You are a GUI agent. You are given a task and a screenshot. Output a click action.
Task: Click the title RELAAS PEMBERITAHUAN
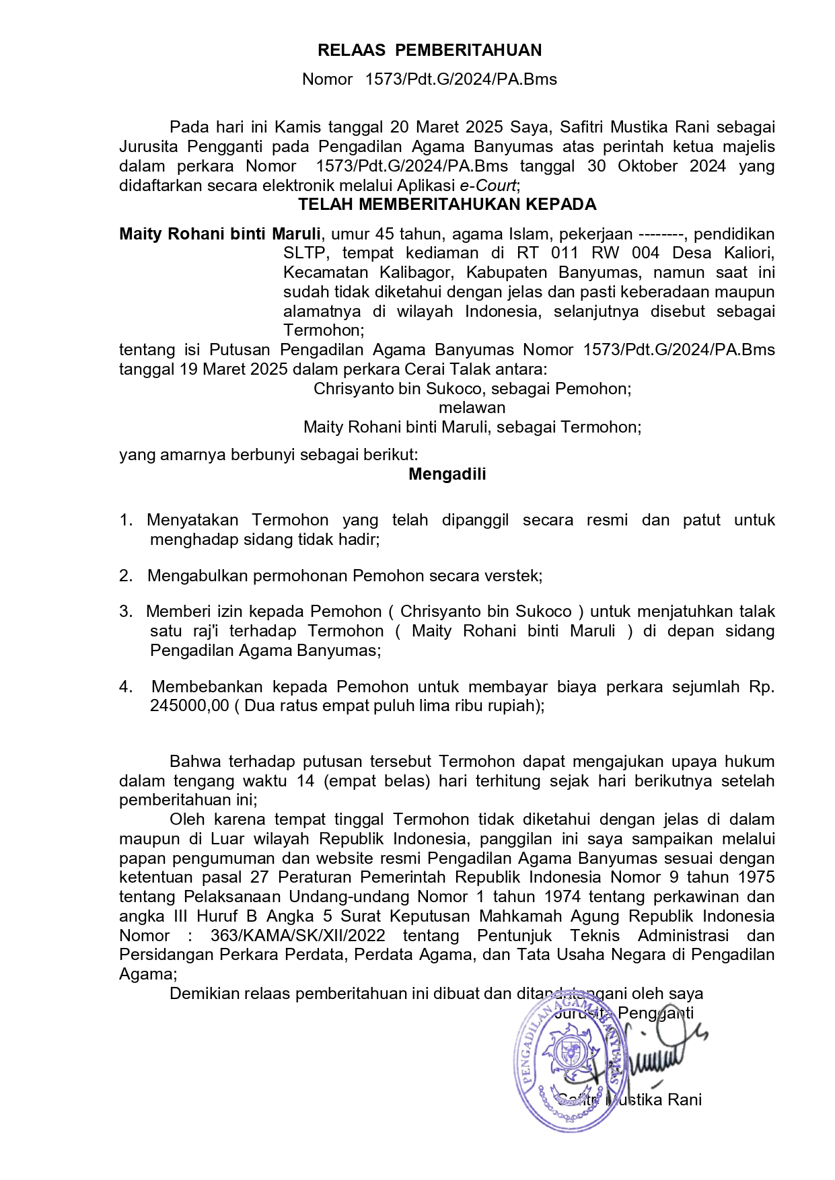tap(429, 50)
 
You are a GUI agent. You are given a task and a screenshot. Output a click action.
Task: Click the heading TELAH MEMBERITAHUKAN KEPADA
tap(447, 205)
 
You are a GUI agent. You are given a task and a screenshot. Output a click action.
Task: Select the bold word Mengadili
tap(447, 474)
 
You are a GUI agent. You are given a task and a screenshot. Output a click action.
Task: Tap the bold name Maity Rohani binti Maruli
tap(220, 234)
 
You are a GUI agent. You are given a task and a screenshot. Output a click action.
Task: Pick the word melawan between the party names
tap(472, 408)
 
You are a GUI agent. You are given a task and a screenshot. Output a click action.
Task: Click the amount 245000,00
tap(189, 706)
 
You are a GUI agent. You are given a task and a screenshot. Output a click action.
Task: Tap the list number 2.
tap(126, 576)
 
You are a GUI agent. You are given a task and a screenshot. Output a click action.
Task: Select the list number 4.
tap(126, 687)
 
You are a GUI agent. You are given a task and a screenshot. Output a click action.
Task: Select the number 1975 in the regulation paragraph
tap(756, 877)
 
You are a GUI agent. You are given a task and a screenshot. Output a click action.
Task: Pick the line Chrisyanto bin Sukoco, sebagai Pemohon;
tap(472, 389)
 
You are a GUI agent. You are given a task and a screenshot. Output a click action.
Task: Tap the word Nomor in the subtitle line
tap(327, 79)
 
